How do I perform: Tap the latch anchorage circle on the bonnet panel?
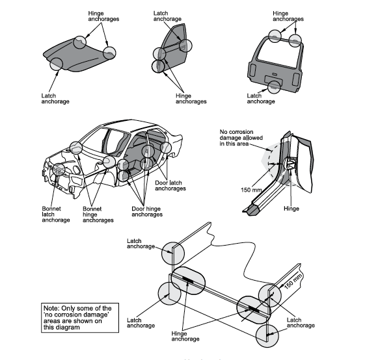pyautogui.click(x=56, y=64)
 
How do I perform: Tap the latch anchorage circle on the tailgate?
pyautogui.click(x=274, y=85)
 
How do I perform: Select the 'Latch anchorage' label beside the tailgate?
pyautogui.click(x=260, y=97)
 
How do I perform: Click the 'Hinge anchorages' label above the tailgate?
pyautogui.click(x=287, y=16)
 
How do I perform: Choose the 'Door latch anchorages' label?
pyautogui.click(x=172, y=185)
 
